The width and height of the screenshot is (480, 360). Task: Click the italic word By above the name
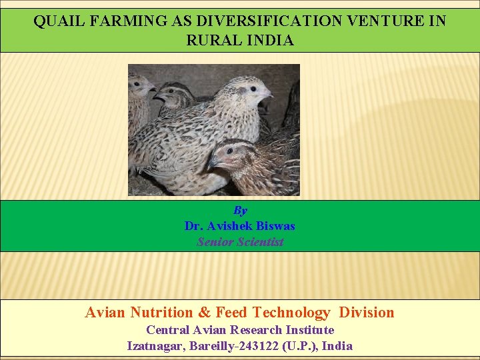(x=240, y=211)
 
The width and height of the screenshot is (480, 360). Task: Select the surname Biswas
(x=274, y=226)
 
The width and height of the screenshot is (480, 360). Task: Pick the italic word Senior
(x=214, y=242)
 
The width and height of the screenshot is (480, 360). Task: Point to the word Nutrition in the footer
(x=161, y=313)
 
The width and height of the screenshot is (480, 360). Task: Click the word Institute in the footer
(x=310, y=330)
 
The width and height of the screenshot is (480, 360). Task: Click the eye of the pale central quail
(x=253, y=88)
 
